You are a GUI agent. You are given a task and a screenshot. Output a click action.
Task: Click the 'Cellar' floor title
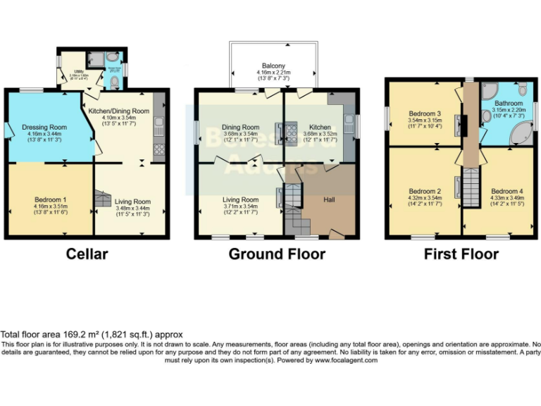87,254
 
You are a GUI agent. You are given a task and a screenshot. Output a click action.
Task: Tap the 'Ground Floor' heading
277,254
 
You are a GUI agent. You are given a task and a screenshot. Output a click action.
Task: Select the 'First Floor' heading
461,254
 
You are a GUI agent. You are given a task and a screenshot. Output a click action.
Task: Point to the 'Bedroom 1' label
51,199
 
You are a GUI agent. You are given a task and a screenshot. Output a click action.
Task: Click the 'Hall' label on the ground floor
329,200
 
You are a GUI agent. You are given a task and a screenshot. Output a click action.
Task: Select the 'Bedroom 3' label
424,113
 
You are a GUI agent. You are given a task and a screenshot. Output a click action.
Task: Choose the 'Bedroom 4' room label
506,191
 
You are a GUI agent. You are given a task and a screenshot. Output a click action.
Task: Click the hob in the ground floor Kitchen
291,130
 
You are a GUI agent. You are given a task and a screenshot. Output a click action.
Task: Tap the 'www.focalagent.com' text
345,360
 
